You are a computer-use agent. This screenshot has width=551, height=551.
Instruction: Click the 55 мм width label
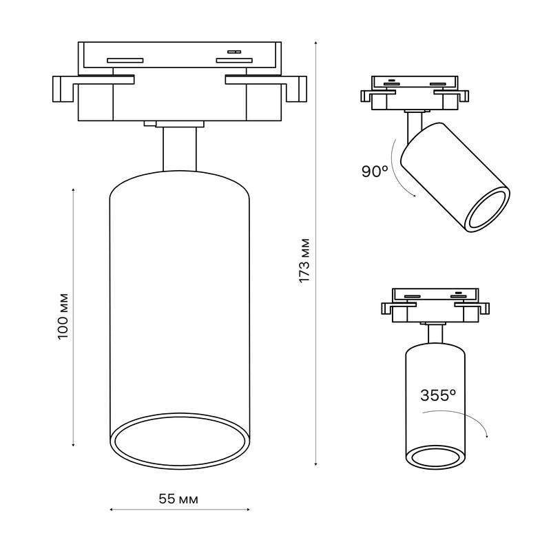(178, 499)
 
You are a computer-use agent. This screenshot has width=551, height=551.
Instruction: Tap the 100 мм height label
(63, 316)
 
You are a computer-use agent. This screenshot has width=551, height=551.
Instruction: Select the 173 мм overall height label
(304, 260)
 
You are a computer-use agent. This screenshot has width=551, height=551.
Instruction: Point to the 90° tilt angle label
(375, 171)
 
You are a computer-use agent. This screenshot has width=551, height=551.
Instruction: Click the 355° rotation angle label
(438, 395)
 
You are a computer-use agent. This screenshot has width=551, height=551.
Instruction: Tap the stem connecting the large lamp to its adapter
(180, 149)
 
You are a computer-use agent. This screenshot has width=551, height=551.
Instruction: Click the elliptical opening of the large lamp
(180, 441)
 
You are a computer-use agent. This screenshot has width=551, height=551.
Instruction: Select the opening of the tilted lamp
(487, 209)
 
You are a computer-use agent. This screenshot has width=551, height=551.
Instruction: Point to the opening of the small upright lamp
(436, 457)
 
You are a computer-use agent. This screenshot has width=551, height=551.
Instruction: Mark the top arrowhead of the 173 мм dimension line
(316, 43)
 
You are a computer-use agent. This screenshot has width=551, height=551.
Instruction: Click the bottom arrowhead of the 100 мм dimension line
(73, 444)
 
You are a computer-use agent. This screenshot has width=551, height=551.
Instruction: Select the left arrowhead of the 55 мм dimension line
(112, 509)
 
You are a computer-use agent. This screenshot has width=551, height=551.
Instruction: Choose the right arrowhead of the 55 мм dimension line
(248, 509)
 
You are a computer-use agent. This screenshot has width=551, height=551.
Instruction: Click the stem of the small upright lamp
(436, 334)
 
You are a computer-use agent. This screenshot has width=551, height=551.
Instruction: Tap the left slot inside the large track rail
(125, 61)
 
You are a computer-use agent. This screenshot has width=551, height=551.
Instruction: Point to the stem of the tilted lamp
(414, 127)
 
